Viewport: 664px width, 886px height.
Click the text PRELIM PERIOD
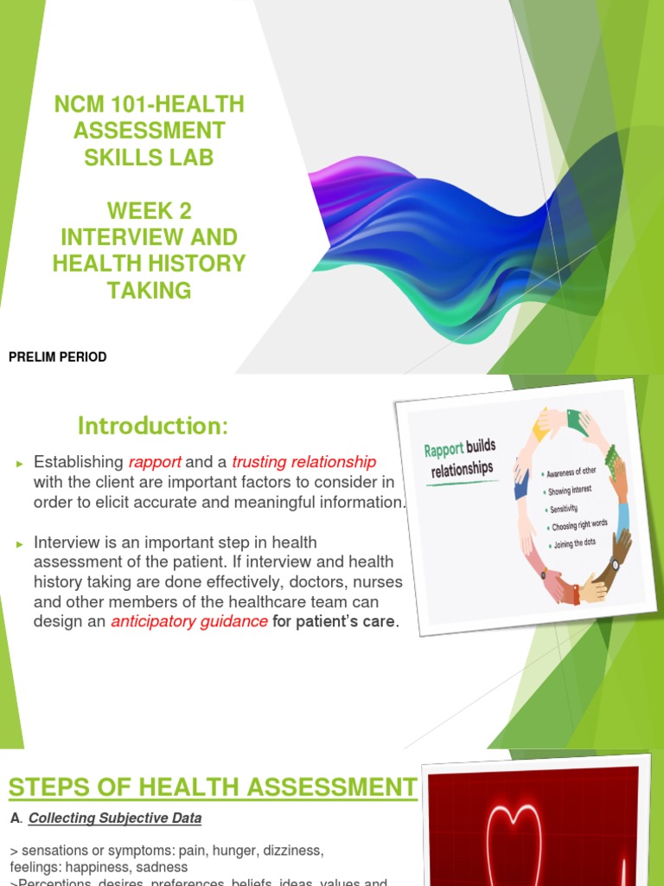(57, 357)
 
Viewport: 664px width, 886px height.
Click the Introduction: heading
(152, 426)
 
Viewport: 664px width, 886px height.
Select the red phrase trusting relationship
(303, 462)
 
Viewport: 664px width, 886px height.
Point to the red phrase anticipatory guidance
(188, 621)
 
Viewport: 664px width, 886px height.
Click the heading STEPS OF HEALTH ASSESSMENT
(212, 787)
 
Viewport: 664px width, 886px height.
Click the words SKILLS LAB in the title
(149, 157)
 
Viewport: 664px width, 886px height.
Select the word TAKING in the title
(149, 290)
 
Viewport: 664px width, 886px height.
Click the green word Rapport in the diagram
(444, 450)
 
